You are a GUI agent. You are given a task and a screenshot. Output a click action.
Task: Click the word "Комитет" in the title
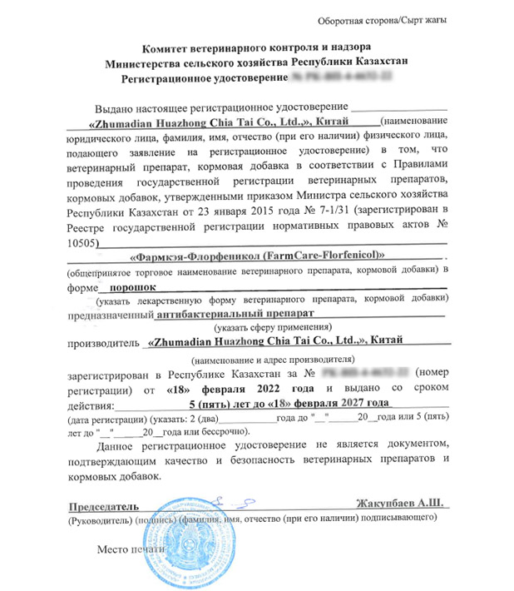click(x=162, y=48)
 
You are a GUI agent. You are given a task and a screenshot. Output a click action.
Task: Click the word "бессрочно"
click(x=222, y=433)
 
